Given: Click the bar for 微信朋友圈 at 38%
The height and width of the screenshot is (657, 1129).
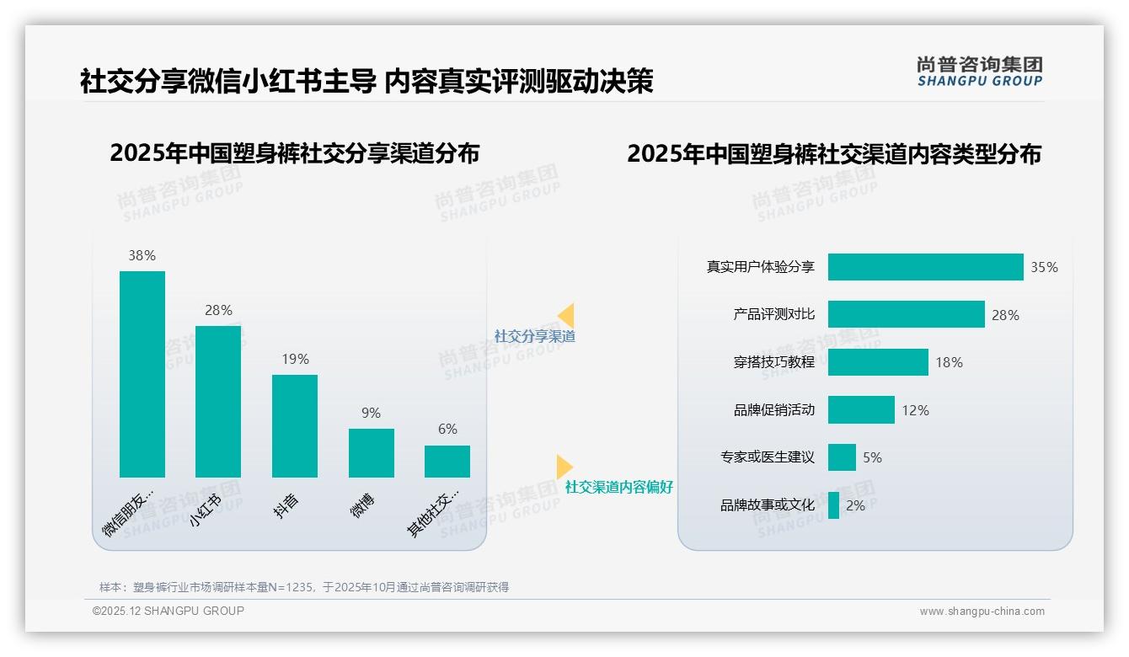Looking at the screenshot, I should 142,374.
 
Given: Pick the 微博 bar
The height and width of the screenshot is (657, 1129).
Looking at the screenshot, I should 372,452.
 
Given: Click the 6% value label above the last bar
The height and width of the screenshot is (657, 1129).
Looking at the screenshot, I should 447,429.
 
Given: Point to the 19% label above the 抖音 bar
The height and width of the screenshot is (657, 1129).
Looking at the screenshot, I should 295,359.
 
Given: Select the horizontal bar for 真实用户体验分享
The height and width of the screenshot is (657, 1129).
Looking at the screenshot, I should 925,267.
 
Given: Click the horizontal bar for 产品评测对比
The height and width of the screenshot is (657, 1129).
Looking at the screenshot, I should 906,314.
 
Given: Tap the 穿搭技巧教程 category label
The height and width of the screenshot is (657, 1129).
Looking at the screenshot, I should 773,362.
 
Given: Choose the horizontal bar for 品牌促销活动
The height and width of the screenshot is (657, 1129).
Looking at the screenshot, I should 861,409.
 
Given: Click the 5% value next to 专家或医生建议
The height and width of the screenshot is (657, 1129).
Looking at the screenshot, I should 872,457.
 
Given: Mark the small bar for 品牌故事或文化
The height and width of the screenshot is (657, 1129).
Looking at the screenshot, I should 833,505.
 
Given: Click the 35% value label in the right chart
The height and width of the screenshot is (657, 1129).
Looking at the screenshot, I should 1044,267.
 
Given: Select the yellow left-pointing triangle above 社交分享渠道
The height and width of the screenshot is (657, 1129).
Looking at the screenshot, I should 566,315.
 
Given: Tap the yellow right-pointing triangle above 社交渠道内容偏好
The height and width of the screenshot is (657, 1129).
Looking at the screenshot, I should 564,467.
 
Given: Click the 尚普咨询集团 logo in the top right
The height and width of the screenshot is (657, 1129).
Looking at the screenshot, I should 979,72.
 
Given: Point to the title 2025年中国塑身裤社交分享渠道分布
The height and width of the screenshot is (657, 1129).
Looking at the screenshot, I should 294,153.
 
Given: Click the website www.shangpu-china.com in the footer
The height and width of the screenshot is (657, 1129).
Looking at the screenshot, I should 982,612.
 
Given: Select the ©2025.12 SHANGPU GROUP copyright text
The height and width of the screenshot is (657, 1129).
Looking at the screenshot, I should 169,611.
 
